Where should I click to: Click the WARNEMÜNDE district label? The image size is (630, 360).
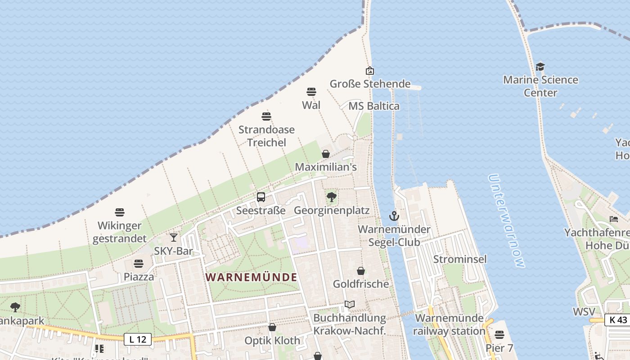click(252, 277)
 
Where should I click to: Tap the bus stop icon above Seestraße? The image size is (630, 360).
click(261, 197)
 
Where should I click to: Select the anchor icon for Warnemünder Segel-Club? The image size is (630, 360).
click(394, 216)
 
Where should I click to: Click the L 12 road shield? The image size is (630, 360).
click(138, 339)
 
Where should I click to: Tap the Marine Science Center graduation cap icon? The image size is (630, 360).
click(540, 67)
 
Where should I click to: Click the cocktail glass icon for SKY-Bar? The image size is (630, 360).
click(174, 237)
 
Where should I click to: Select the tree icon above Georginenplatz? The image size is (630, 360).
click(332, 197)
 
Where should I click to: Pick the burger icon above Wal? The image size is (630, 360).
click(311, 92)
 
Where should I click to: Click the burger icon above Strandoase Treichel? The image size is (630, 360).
click(266, 117)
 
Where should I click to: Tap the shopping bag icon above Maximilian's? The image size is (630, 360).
click(326, 154)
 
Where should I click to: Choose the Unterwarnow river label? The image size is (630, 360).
click(506, 220)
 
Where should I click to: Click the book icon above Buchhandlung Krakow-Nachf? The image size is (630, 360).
click(350, 305)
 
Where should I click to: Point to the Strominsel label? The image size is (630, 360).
click(460, 259)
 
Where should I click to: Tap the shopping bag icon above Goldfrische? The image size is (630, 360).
click(361, 271)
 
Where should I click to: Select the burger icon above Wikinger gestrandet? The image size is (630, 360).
click(120, 212)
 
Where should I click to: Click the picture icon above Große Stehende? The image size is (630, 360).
click(370, 71)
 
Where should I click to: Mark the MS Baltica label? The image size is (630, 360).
click(374, 106)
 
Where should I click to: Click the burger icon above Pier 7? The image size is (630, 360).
click(499, 335)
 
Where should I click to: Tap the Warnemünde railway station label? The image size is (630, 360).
click(449, 324)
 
